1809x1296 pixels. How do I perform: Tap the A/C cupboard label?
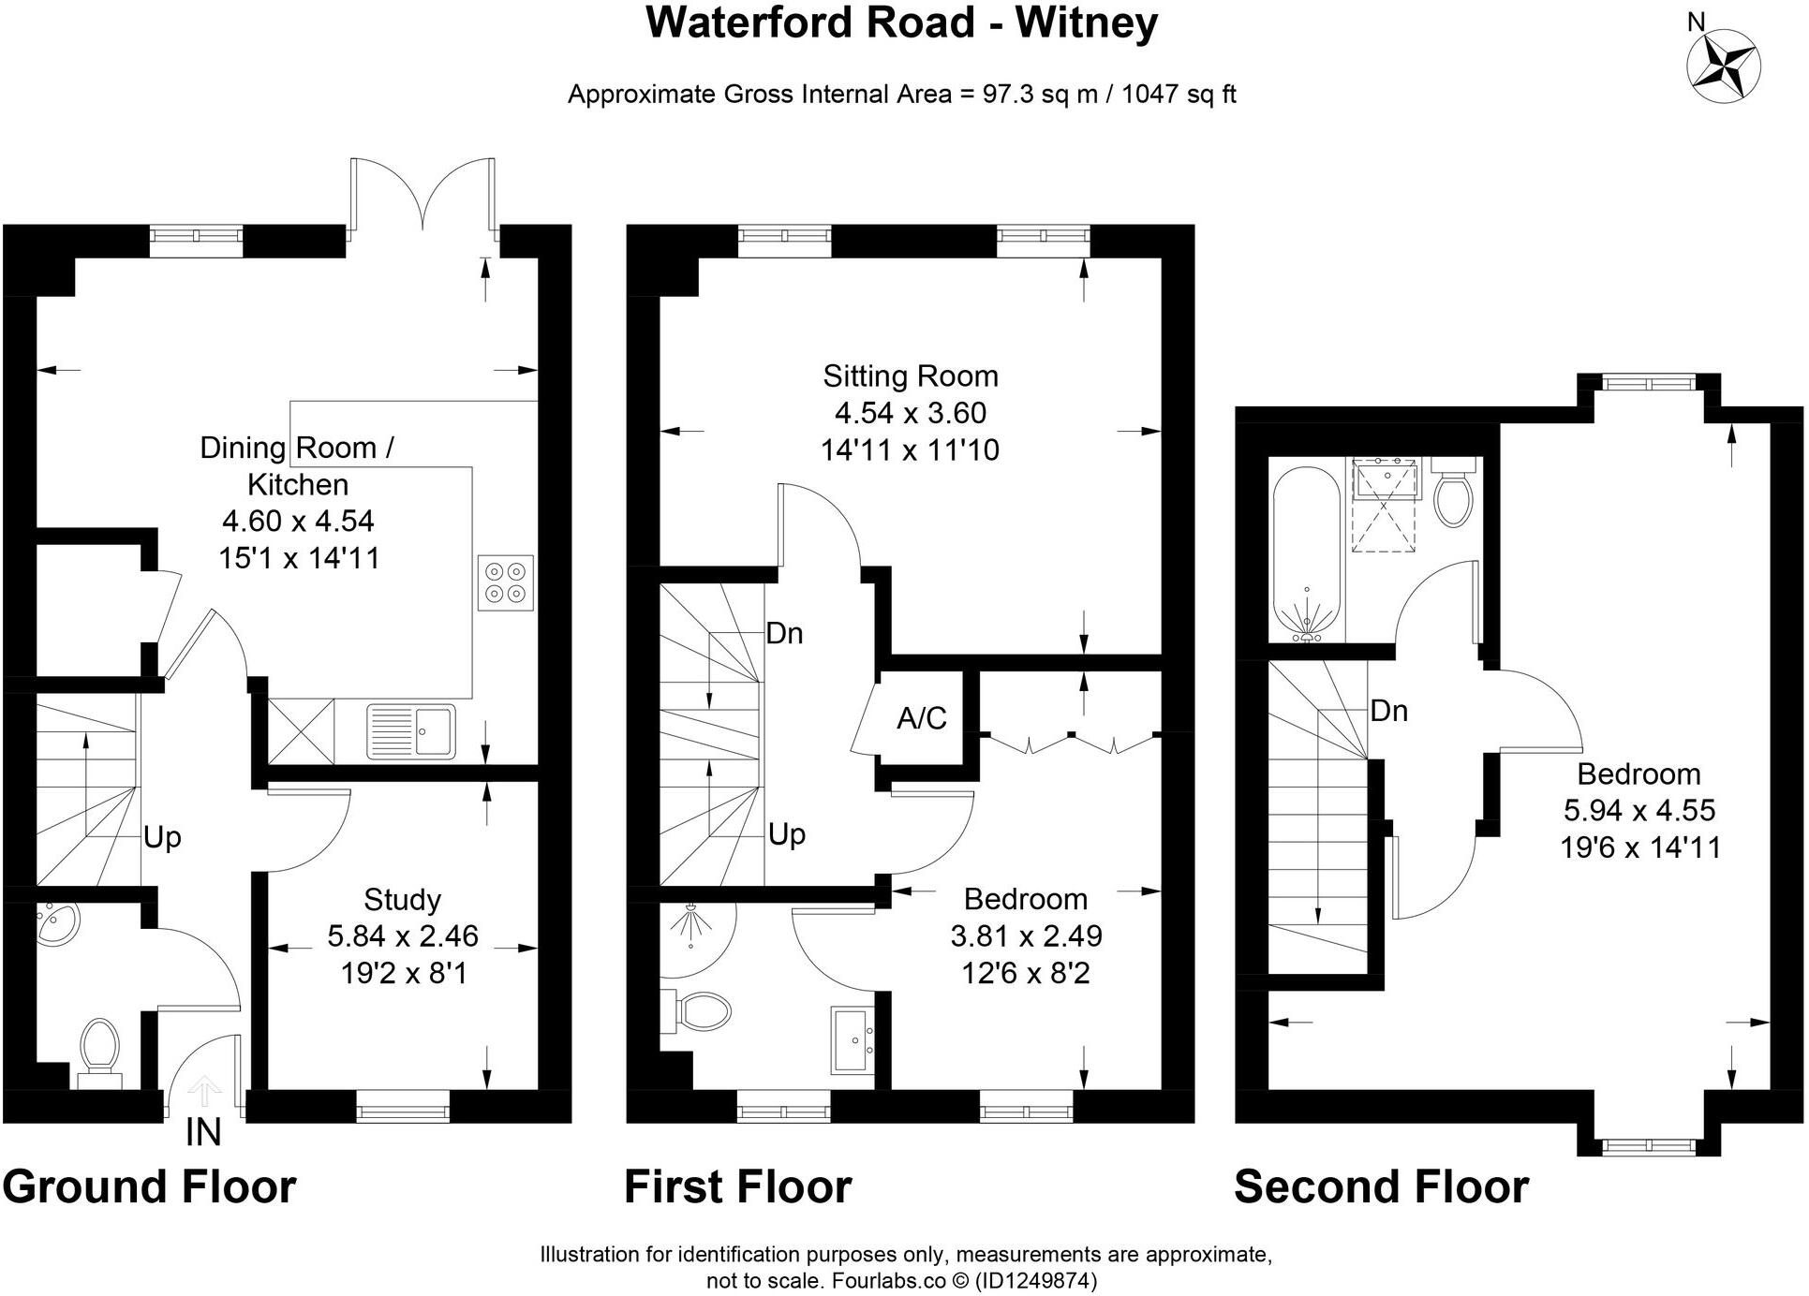922,718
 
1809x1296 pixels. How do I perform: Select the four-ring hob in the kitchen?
506,582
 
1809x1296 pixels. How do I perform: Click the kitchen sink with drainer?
411,729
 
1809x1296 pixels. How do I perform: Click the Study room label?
402,899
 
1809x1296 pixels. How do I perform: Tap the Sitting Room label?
911,376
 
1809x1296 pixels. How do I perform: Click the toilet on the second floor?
1454,493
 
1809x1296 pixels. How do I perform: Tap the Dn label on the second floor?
1388,711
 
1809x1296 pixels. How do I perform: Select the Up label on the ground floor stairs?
162,837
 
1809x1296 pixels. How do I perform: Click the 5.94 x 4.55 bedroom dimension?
1639,810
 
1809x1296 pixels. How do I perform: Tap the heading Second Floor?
1381,1186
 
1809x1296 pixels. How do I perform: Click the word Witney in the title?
1087,22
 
